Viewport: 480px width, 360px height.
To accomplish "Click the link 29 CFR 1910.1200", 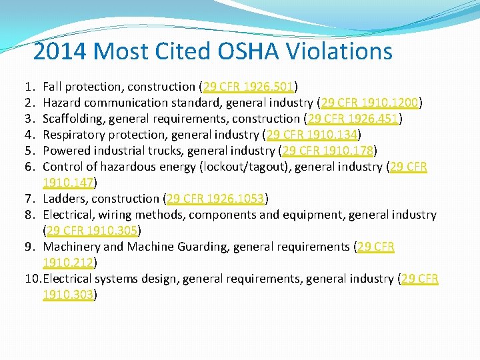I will [370, 103].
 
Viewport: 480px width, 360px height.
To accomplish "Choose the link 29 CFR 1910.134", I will [312, 135].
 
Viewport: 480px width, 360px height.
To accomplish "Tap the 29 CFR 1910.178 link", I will [328, 151].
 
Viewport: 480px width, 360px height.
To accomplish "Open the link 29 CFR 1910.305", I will [91, 231].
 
